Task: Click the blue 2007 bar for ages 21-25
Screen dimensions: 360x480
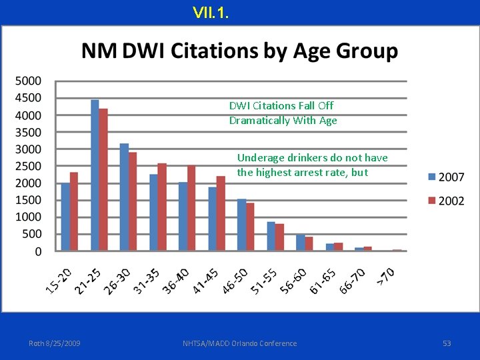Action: pos(95,175)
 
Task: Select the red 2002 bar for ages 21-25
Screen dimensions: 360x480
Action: pos(103,180)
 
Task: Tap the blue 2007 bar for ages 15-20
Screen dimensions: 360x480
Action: pos(65,217)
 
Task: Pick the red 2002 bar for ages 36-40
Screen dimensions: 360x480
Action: pos(191,208)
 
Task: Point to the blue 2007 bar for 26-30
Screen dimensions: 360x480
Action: pos(124,197)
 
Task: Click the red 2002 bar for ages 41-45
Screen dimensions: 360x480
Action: pos(221,213)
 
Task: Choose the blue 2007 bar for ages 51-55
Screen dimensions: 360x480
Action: pos(271,236)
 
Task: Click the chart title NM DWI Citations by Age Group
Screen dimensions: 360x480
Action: pos(239,51)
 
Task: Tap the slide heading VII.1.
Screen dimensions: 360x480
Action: pos(211,12)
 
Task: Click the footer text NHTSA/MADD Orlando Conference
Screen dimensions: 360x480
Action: pos(239,343)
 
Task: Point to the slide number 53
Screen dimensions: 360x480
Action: pos(447,343)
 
